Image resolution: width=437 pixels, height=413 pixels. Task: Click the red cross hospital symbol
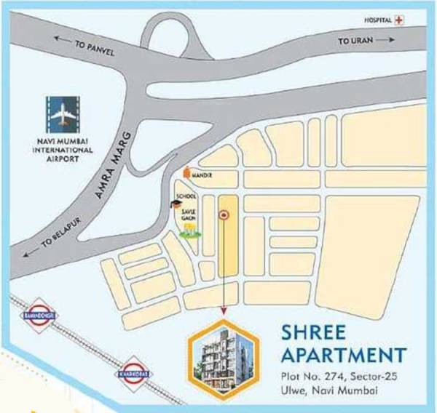pos(398,20)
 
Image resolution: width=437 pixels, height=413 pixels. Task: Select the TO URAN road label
pos(355,42)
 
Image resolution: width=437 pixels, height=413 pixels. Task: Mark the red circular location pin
pos(224,214)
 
